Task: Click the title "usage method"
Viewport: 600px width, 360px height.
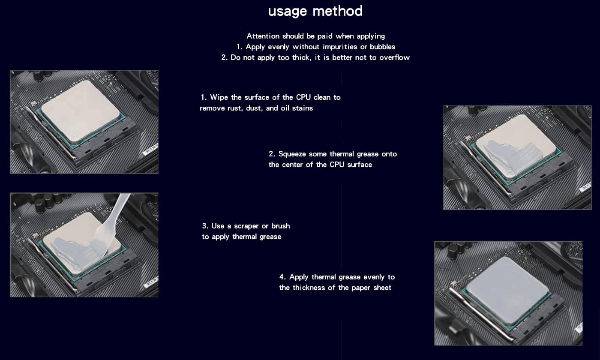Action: (315, 11)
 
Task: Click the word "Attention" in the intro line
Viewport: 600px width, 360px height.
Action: (263, 36)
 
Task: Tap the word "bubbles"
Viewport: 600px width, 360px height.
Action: (381, 47)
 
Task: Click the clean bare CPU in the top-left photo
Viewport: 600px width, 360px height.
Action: (80, 111)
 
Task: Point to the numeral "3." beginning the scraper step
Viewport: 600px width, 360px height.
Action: (205, 226)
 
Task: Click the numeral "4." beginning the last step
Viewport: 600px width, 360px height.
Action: (283, 277)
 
